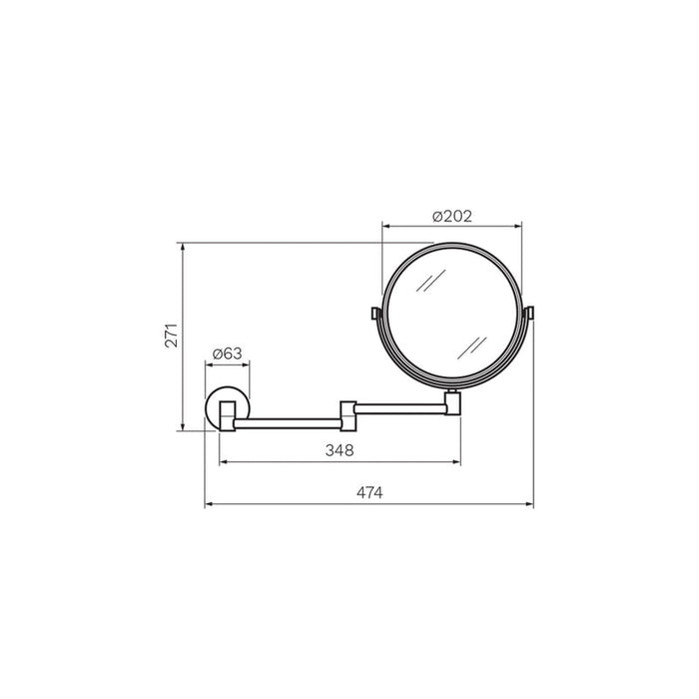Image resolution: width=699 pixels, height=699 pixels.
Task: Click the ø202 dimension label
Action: [x=452, y=217]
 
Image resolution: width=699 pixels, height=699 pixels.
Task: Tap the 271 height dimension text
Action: [x=172, y=336]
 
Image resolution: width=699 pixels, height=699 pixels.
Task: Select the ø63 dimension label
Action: [x=228, y=353]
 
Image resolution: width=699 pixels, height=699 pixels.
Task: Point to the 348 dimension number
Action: [x=340, y=450]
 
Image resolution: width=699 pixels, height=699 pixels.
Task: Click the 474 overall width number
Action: [x=369, y=492]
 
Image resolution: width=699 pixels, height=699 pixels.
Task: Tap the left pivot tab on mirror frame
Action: [x=374, y=314]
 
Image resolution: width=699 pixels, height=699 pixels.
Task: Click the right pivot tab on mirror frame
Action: [x=530, y=313]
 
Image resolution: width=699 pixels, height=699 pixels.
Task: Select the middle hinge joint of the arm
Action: [x=349, y=416]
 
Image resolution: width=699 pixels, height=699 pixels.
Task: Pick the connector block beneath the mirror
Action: [x=452, y=402]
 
